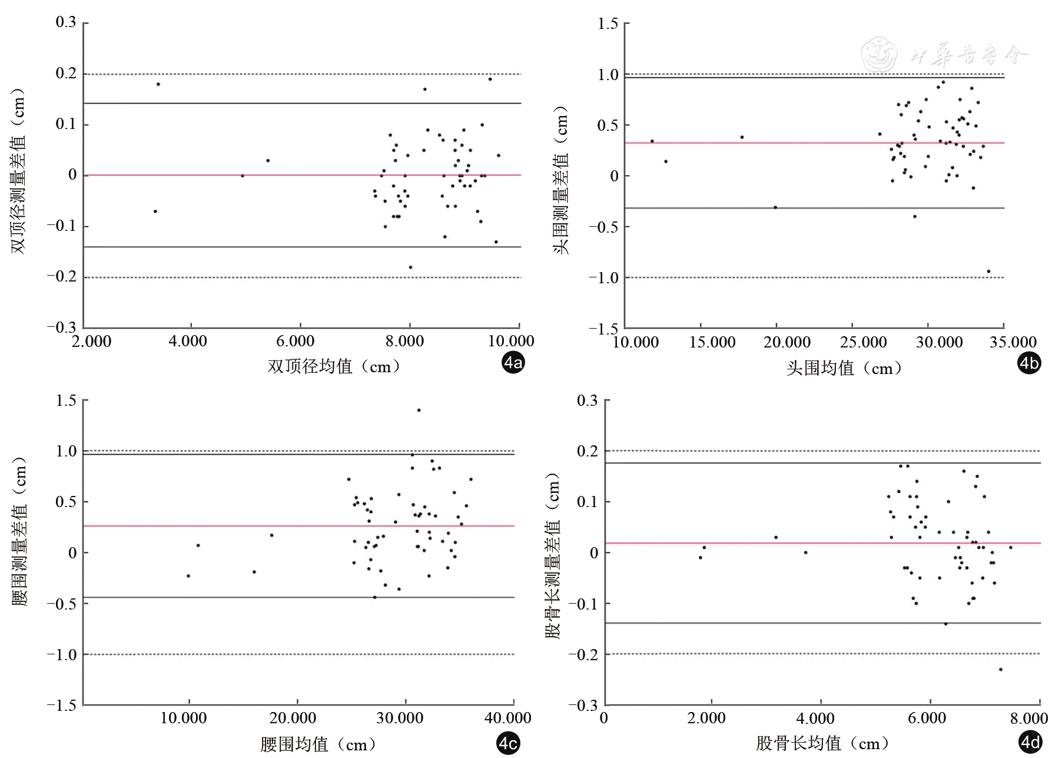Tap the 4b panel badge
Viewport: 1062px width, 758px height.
point(1029,363)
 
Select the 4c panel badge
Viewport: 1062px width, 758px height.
point(508,744)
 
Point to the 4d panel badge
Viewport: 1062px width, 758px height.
point(1030,744)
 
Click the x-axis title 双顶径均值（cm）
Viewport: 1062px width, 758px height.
point(334,367)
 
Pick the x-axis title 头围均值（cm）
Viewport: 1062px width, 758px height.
point(844,369)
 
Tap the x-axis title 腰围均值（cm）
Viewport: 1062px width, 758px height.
point(318,745)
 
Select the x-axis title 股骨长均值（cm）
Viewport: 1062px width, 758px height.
point(822,744)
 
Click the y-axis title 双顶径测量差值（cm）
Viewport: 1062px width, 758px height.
point(19,171)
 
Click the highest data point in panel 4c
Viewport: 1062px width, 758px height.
point(419,410)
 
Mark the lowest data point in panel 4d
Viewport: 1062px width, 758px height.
point(1000,669)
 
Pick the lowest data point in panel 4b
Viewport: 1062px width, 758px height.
point(988,272)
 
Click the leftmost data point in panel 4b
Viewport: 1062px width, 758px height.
point(652,141)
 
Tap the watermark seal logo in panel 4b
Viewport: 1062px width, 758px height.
point(879,54)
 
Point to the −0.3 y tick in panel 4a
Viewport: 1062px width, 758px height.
point(65,327)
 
